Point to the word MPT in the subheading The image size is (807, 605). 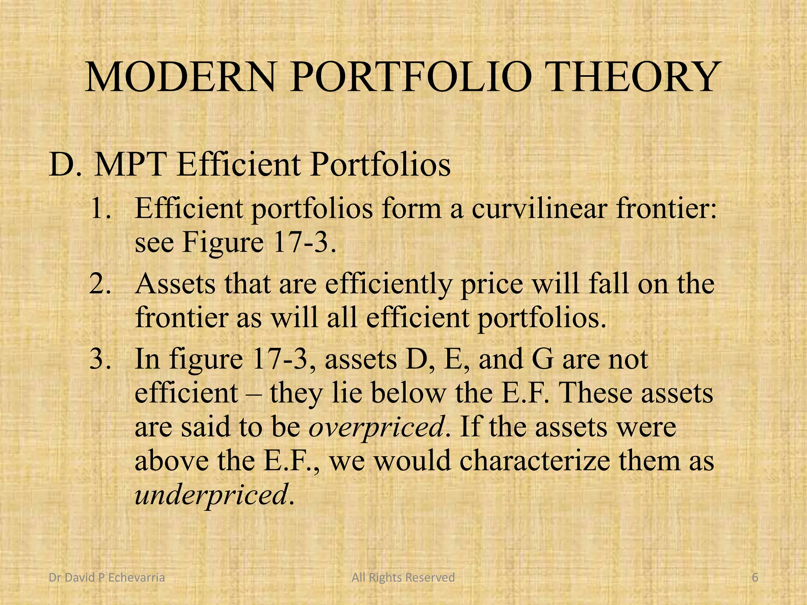click(130, 165)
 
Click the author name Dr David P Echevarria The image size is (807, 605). click(106, 577)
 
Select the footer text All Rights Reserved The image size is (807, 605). click(403, 577)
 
